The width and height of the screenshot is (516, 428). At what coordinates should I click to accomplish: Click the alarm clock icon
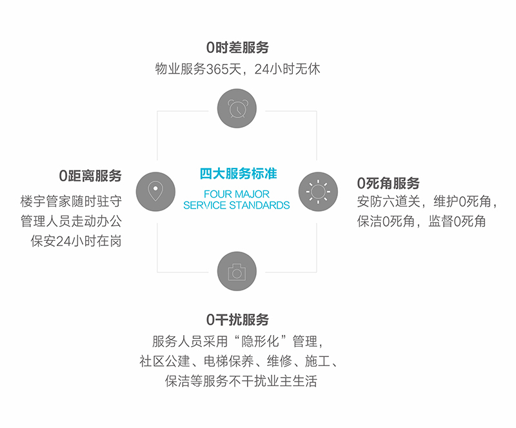[237, 108]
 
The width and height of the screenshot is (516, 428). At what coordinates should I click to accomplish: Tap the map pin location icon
[155, 192]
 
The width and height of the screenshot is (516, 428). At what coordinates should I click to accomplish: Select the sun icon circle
[318, 192]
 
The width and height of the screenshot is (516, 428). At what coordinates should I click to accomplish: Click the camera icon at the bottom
[237, 271]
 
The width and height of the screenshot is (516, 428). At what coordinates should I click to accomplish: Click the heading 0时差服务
[237, 47]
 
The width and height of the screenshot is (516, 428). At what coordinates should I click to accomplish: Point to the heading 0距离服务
[90, 176]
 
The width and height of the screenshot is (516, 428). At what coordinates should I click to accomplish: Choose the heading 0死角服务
[388, 183]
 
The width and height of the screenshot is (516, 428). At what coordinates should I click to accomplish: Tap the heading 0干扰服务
[237, 320]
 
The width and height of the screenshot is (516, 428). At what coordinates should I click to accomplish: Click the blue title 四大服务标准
[238, 174]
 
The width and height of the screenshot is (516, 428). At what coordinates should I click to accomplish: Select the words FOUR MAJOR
[237, 194]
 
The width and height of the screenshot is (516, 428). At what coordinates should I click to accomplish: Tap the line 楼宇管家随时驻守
[71, 201]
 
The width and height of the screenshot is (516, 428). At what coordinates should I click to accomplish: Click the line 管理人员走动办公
[71, 221]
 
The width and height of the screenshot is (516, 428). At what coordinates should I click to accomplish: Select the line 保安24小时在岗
[76, 241]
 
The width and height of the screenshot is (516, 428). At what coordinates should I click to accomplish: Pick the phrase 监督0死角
[457, 221]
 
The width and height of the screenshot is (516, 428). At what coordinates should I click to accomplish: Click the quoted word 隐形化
[261, 341]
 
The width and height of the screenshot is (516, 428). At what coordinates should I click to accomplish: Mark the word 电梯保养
[229, 361]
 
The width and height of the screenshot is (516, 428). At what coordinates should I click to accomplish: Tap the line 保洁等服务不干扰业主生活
[241, 382]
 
